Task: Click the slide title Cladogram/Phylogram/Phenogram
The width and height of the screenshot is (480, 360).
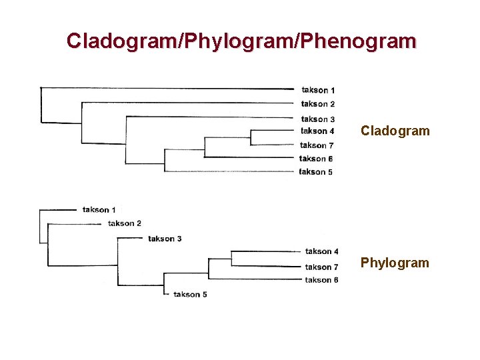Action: [241, 41]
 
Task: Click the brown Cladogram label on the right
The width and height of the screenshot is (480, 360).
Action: [395, 131]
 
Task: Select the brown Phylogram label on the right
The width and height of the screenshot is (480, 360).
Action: [395, 263]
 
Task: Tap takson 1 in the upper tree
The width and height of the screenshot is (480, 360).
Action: [318, 90]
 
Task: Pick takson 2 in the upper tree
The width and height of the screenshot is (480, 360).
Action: [318, 104]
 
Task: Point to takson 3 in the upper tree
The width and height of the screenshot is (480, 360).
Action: [318, 119]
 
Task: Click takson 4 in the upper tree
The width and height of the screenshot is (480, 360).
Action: [318, 131]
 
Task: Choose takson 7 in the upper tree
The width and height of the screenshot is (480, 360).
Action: [317, 145]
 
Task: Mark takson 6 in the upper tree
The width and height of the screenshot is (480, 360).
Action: [316, 159]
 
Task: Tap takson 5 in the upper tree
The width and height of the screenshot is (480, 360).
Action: [316, 172]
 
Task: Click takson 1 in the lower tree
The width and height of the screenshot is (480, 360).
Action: [99, 210]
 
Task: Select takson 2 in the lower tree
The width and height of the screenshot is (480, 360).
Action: [125, 223]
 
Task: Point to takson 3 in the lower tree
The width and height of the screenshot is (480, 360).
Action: [165, 239]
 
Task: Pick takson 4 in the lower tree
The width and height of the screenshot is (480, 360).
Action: [322, 251]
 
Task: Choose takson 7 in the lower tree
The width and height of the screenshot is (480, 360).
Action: [322, 267]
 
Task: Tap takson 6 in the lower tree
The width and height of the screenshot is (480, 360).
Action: [322, 280]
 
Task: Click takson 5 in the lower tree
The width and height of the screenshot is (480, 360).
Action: [190, 294]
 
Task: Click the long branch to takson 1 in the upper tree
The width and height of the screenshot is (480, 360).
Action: [167, 88]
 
